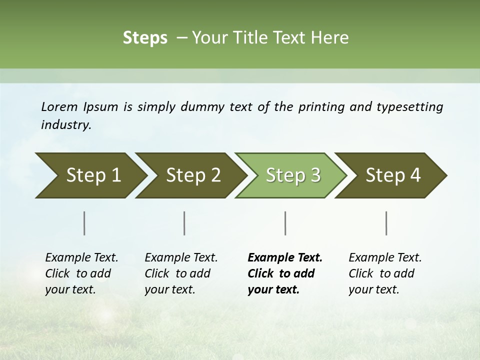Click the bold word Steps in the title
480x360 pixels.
[145, 38]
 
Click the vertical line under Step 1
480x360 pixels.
[84, 223]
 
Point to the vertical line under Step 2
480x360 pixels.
[184, 223]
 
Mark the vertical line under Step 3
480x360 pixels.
[285, 223]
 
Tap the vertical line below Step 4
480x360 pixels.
[386, 223]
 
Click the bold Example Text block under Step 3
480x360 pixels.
[285, 273]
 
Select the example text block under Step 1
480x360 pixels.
[81, 273]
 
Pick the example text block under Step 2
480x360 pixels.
[181, 273]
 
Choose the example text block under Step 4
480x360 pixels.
[385, 273]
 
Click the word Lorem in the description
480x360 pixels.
[59, 107]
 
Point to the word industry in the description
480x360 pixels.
[66, 125]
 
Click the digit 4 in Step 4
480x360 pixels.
[415, 175]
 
